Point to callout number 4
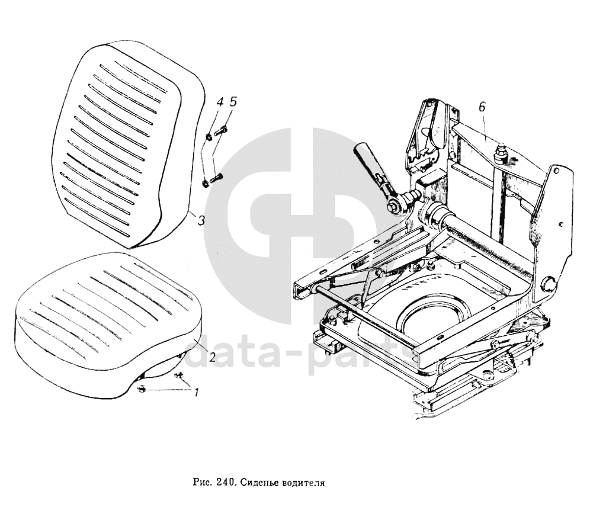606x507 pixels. (x=219, y=102)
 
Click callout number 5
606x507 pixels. (x=232, y=102)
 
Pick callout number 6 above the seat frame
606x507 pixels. (x=482, y=107)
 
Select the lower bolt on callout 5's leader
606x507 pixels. (x=215, y=177)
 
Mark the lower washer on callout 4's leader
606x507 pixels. (x=205, y=182)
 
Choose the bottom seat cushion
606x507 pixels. (x=107, y=320)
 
